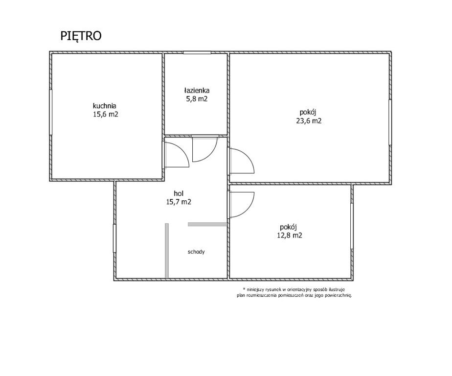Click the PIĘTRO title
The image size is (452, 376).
[x=81, y=36]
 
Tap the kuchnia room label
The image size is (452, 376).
[x=104, y=105]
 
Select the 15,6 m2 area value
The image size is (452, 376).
[x=106, y=114]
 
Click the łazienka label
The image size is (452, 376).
[x=197, y=90]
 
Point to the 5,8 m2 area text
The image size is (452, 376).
[x=197, y=99]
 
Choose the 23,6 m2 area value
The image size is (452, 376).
[x=309, y=121]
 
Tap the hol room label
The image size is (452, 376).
[x=179, y=193]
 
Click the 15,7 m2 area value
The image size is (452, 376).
[x=179, y=202]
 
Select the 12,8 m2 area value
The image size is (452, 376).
[x=290, y=235]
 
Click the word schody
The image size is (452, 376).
[x=196, y=252]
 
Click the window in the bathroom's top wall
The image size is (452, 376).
[x=197, y=52]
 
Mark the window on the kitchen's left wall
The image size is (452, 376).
[x=51, y=112]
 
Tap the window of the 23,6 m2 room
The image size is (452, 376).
[x=390, y=122]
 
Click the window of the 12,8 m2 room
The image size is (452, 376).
[x=352, y=226]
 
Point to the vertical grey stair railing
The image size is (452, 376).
[x=167, y=251]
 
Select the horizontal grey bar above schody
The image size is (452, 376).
[x=207, y=224]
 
